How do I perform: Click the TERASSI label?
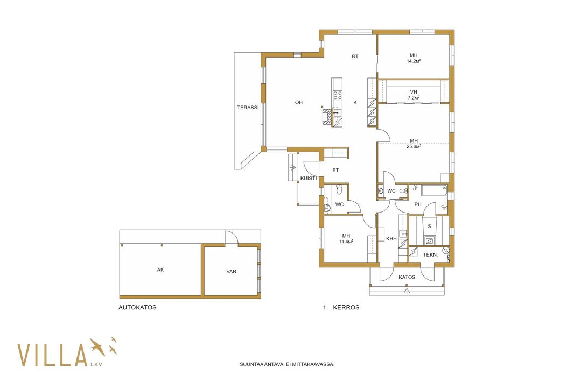coord(248,108)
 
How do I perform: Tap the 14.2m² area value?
coord(414,61)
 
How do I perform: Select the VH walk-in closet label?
coord(414,92)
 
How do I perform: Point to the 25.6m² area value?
coord(414,147)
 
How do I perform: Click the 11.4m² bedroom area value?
coord(346,242)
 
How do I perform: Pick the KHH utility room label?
coord(391,239)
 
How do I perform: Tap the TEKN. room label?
coord(431,254)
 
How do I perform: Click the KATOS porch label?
coord(407,277)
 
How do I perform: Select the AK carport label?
coord(160,270)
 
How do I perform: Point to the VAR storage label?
coord(232,272)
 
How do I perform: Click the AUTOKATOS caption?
coord(137,307)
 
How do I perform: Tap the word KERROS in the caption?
coord(346,307)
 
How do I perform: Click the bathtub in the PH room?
coord(435,190)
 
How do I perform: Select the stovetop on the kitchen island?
coord(337,96)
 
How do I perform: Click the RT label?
coord(355,56)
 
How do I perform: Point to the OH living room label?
coord(299,102)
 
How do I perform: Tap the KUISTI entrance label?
coord(309,178)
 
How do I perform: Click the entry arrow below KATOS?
coord(407,291)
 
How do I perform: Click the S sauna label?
coord(429,226)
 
